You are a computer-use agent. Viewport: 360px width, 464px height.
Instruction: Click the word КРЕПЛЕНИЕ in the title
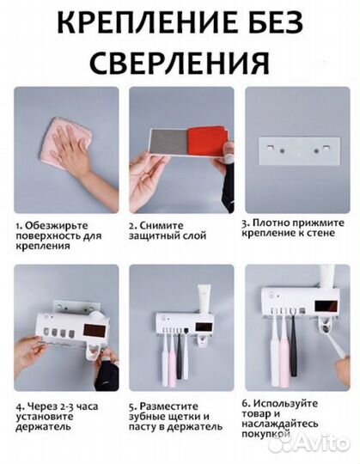point(146,23)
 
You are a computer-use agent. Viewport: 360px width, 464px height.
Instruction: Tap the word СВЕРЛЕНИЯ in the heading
point(180,63)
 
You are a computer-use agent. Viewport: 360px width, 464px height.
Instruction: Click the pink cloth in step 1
point(66,143)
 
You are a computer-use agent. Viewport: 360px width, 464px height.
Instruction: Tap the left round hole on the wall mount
point(282,151)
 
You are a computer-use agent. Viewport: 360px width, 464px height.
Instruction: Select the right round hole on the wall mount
point(316,151)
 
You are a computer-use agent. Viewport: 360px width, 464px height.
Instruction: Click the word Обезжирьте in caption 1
point(56,226)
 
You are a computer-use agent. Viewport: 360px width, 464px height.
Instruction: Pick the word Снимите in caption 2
point(162,226)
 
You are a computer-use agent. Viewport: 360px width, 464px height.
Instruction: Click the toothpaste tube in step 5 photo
point(204,298)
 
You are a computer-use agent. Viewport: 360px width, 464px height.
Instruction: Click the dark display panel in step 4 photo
point(94,331)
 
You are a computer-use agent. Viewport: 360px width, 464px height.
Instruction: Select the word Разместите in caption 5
point(168,406)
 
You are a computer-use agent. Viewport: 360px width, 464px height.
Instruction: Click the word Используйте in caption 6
point(284,403)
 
